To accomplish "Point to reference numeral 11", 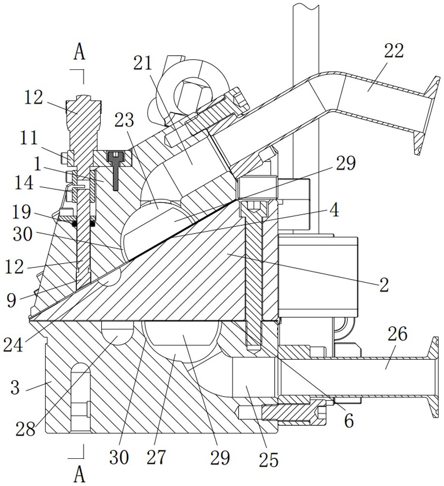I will pos(29,139).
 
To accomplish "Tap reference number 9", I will pos(11,301).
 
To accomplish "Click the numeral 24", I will pos(13,345).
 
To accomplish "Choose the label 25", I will pos(268,459).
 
